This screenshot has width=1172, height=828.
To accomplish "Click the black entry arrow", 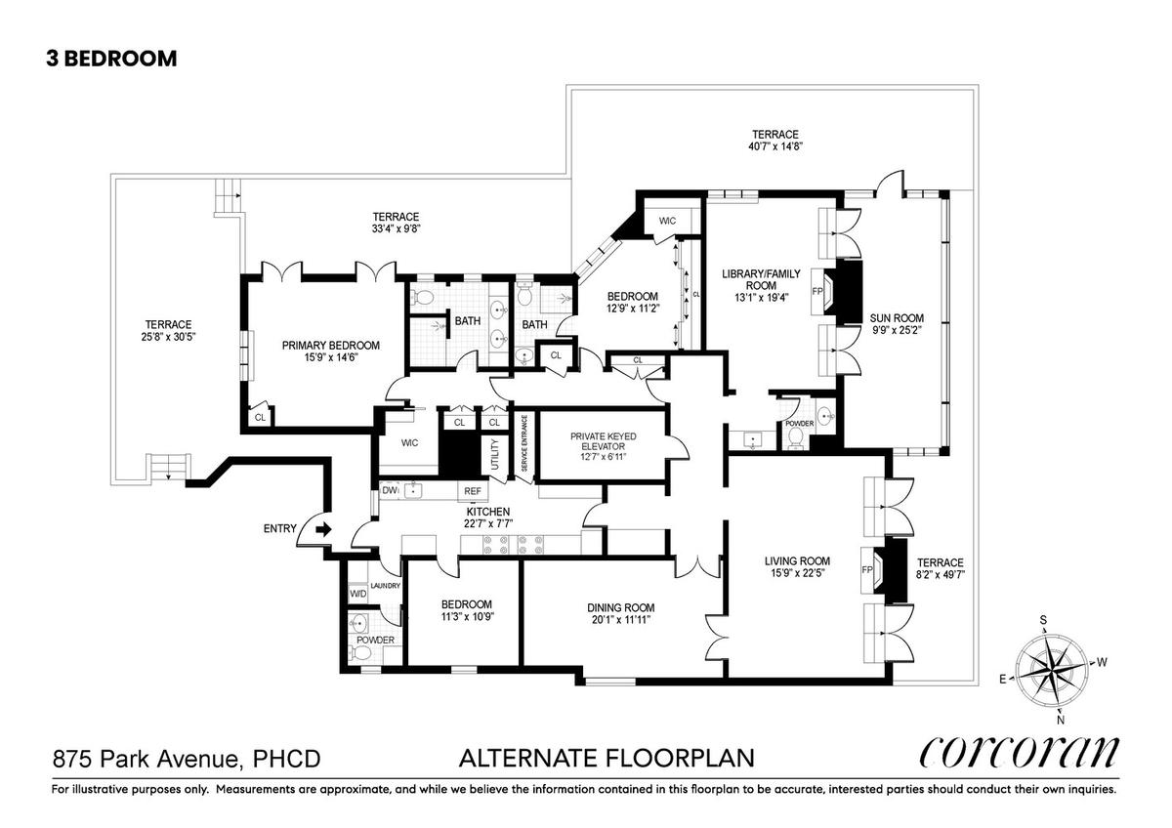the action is click(x=324, y=530).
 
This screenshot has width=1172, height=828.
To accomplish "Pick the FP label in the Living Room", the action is click(x=867, y=569).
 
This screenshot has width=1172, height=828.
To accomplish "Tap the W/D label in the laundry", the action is click(x=358, y=594).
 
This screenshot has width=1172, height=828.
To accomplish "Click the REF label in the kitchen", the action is click(x=473, y=491).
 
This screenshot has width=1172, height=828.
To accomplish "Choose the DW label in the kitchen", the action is click(x=390, y=490).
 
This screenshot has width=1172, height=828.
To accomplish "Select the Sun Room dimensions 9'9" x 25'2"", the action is click(x=897, y=330).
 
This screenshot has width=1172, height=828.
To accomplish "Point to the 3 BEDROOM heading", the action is click(x=111, y=59).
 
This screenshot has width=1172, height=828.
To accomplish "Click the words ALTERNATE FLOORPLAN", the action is click(x=607, y=758).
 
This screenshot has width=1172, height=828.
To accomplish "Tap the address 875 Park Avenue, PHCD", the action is click(x=187, y=759).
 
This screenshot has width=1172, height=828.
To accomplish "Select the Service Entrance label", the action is click(x=524, y=443).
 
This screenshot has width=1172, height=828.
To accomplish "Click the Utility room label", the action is click(x=495, y=453).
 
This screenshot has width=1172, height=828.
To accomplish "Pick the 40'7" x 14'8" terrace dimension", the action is click(x=775, y=146).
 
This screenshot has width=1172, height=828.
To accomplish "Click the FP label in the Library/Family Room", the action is click(x=817, y=291).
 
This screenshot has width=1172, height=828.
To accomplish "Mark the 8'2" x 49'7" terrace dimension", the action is click(x=941, y=574).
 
